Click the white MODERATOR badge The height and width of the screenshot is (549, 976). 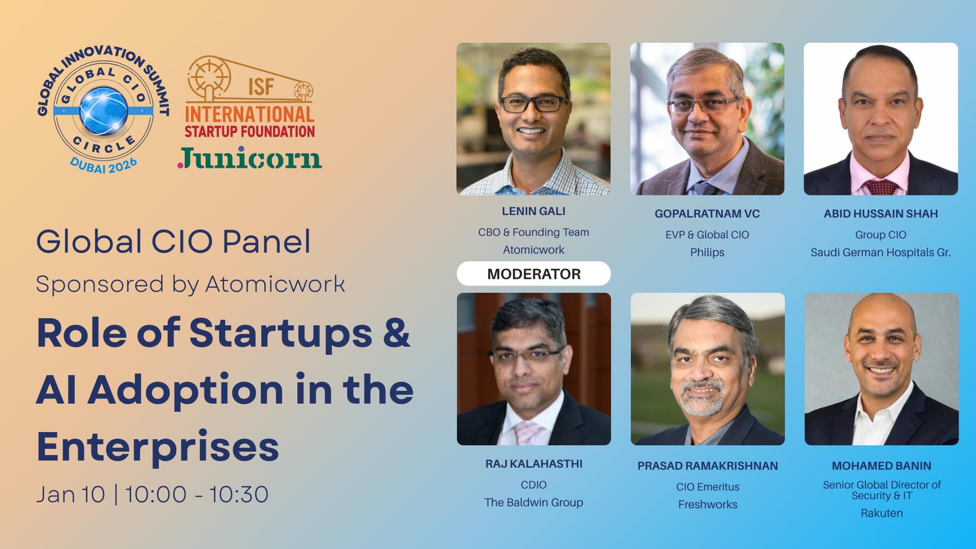[533, 274]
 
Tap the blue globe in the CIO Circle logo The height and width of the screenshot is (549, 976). [104, 110]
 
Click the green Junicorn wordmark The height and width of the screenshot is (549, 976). [249, 158]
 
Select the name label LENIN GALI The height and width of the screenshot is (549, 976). [533, 211]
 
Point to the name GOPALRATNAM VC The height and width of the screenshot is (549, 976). [707, 214]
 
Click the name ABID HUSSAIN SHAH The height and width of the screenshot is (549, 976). [881, 214]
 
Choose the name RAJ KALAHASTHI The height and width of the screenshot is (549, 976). [534, 464]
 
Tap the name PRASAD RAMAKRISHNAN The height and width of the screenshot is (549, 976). [708, 466]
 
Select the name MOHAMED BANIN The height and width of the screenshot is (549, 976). [881, 466]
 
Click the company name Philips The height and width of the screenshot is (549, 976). [707, 253]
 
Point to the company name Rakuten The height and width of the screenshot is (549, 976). [881, 513]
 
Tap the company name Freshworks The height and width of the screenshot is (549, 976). [708, 504]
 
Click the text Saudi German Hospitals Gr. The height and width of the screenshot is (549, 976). [881, 253]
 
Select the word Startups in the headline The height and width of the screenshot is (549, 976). [281, 334]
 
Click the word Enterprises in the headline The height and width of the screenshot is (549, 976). [158, 447]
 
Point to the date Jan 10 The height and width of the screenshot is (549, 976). [71, 495]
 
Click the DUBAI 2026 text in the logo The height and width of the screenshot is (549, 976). [104, 165]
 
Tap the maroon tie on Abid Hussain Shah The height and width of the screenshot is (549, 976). [881, 187]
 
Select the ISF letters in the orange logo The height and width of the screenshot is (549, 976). [261, 87]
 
